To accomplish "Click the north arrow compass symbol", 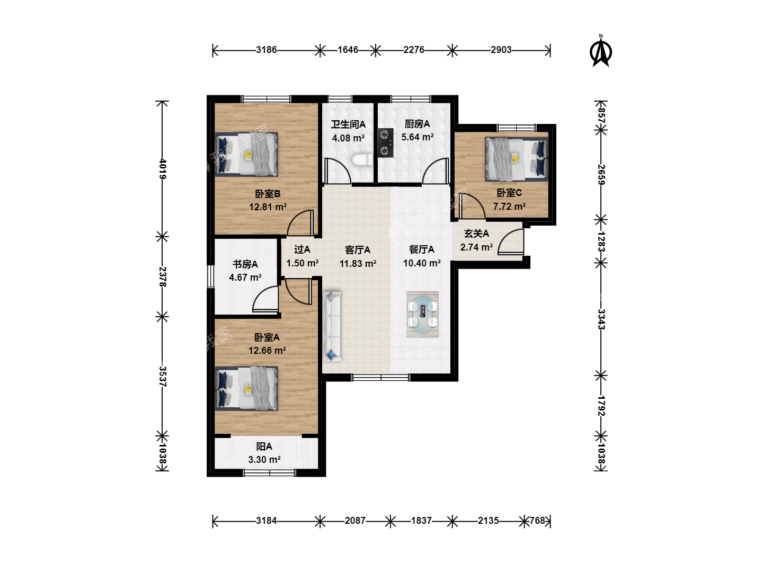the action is (x=601, y=51).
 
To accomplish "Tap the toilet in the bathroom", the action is (x=362, y=160).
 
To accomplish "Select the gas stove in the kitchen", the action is (x=386, y=143).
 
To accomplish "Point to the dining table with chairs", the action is (x=422, y=314).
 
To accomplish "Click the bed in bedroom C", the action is (x=517, y=159).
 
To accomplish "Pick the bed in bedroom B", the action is (x=246, y=154).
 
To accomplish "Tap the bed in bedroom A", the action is (x=246, y=389).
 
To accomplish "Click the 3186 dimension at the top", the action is (x=267, y=50).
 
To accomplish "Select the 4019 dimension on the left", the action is (x=163, y=169).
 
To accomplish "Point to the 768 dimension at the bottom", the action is (x=537, y=521).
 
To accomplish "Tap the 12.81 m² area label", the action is (x=268, y=207).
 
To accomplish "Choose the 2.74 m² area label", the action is (x=476, y=247).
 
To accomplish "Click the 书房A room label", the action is (x=245, y=264).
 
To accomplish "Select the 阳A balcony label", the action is (x=264, y=446).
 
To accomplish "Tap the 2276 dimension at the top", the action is (x=414, y=50).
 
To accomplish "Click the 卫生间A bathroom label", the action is (x=348, y=124).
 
